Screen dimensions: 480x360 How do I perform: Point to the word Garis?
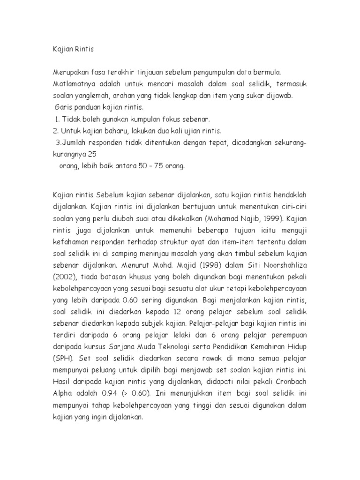pyautogui.click(x=63, y=108)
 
